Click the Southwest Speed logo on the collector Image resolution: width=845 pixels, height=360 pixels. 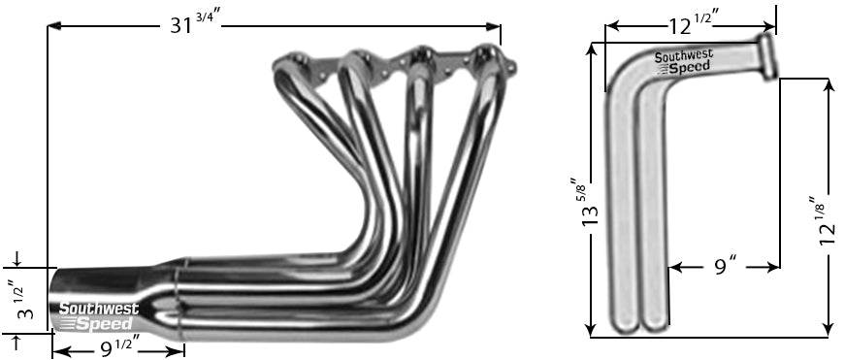pos(100,316)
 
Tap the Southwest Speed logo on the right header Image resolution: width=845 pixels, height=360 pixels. pos(682,61)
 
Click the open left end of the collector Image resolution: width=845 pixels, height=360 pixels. pos(56,300)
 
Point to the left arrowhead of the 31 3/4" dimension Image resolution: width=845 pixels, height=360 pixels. pos(54,26)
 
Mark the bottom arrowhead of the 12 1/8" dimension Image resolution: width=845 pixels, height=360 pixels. pos(828,330)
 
